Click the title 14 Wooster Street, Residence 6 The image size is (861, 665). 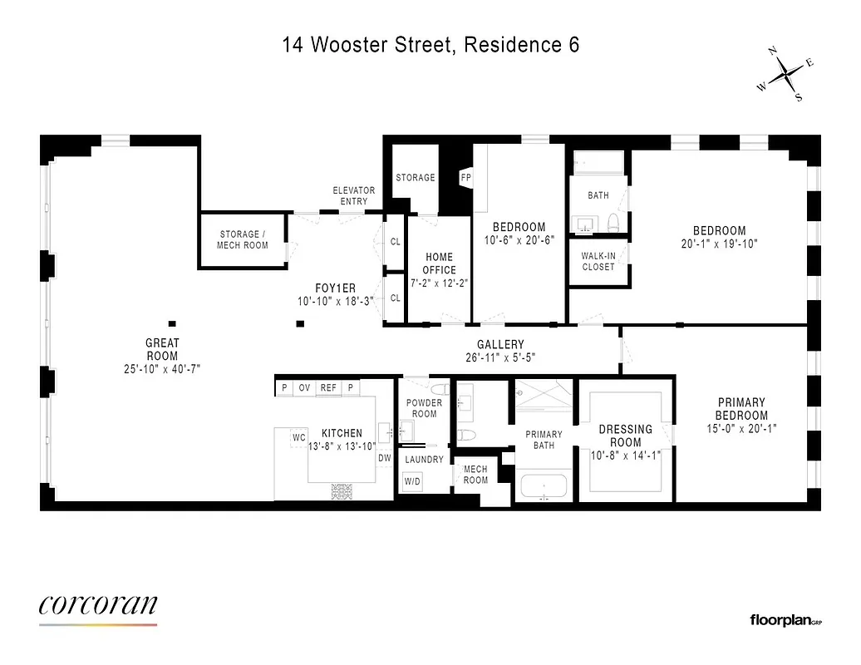pyautogui.click(x=430, y=45)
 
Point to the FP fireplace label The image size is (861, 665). pyautogui.click(x=466, y=178)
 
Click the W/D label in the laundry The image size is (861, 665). pyautogui.click(x=412, y=481)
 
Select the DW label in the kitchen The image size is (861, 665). pyautogui.click(x=385, y=458)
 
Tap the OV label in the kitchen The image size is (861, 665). pyautogui.click(x=305, y=387)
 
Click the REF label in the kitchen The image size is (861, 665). pyautogui.click(x=329, y=387)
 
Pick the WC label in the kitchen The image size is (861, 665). pyautogui.click(x=299, y=437)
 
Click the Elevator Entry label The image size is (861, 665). pyautogui.click(x=354, y=195)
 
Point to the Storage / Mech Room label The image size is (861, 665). pyautogui.click(x=244, y=239)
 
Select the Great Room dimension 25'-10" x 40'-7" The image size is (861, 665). pyautogui.click(x=163, y=367)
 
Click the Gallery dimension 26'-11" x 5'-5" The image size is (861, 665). pyautogui.click(x=500, y=358)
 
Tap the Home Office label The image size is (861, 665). pyautogui.click(x=439, y=264)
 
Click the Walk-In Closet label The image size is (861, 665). pyautogui.click(x=598, y=261)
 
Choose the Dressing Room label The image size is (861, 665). pyautogui.click(x=626, y=436)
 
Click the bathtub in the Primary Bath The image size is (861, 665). pyautogui.click(x=543, y=486)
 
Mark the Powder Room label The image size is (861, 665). pyautogui.click(x=424, y=408)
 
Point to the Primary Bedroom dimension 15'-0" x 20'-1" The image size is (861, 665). pyautogui.click(x=741, y=429)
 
